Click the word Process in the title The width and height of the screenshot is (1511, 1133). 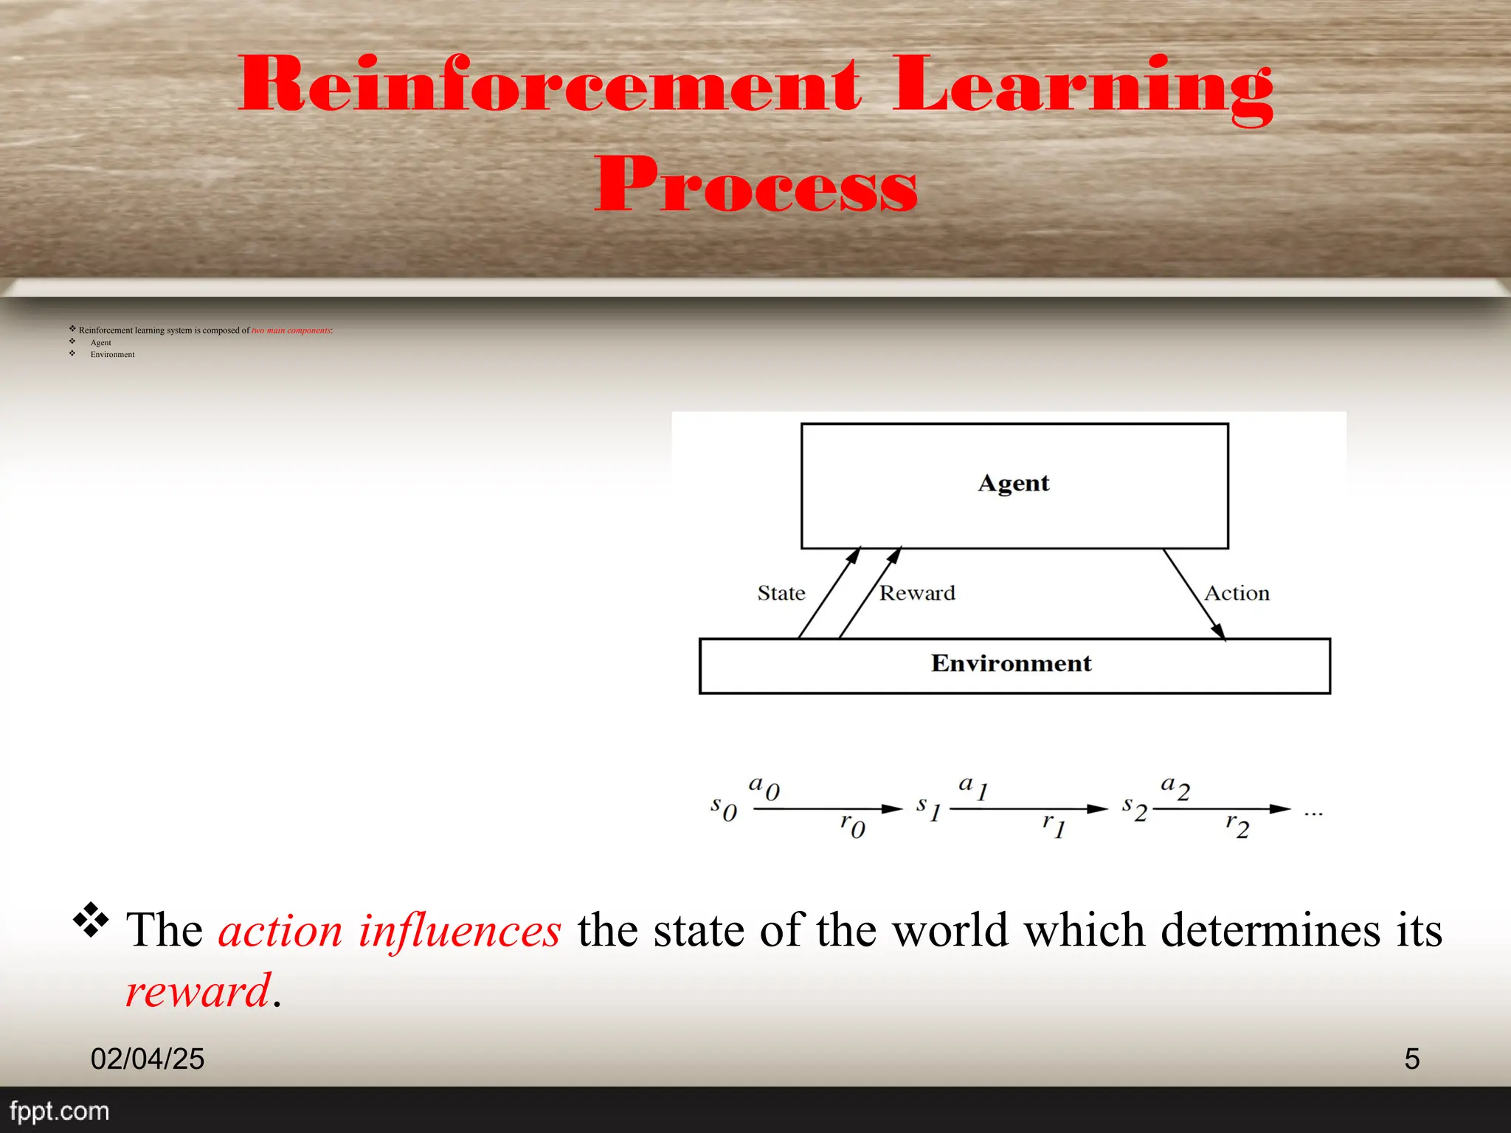[755, 184]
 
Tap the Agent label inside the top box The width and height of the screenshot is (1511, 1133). [1014, 483]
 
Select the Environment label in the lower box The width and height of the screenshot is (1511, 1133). [1011, 663]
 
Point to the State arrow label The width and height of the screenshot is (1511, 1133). [781, 593]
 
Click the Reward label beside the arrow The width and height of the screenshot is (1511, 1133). [917, 593]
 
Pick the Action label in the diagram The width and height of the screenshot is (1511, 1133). [1237, 593]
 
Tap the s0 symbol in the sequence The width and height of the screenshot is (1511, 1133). [723, 808]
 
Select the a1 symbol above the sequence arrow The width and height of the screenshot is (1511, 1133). [973, 788]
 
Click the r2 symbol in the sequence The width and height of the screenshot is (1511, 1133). [1237, 825]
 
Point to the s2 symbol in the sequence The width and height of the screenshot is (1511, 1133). [1135, 808]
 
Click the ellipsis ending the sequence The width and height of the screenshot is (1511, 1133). [1313, 814]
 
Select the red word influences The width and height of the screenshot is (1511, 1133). [460, 930]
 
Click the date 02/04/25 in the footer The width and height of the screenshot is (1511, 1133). [148, 1058]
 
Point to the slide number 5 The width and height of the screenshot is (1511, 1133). [1411, 1058]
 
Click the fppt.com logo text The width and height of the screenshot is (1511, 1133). [59, 1111]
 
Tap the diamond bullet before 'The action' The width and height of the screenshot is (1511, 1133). [91, 920]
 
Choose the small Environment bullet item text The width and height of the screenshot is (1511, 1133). [112, 355]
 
